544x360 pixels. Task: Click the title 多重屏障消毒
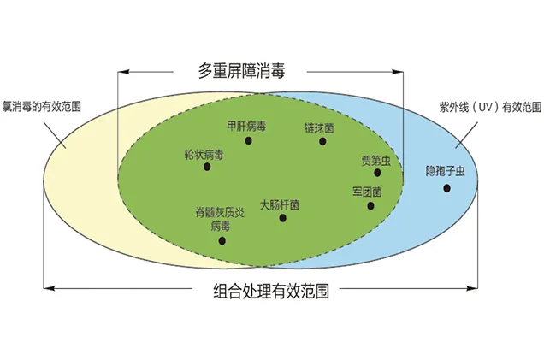point(241,71)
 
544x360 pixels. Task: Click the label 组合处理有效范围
point(271,291)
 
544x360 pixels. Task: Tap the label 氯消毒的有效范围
point(42,107)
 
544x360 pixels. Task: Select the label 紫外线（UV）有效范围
point(490,107)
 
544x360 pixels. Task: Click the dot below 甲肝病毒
point(248,140)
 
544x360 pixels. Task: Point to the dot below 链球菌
point(322,141)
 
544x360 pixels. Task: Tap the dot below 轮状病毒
point(207,167)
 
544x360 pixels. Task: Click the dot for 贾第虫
point(377,173)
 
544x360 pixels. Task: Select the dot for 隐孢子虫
point(446,188)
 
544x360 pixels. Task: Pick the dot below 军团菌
point(370,206)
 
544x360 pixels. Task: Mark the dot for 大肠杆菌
point(283,218)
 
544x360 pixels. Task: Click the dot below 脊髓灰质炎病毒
point(222,240)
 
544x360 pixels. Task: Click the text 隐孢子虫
point(446,171)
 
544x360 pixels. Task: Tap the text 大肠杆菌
point(280,205)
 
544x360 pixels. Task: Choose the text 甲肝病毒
point(246,126)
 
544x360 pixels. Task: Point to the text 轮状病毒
point(204,155)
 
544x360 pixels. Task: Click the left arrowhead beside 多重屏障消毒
point(123,72)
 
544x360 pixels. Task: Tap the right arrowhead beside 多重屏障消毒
point(398,72)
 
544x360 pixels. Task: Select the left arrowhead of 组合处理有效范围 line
point(50,288)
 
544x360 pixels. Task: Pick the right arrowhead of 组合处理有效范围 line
point(472,288)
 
